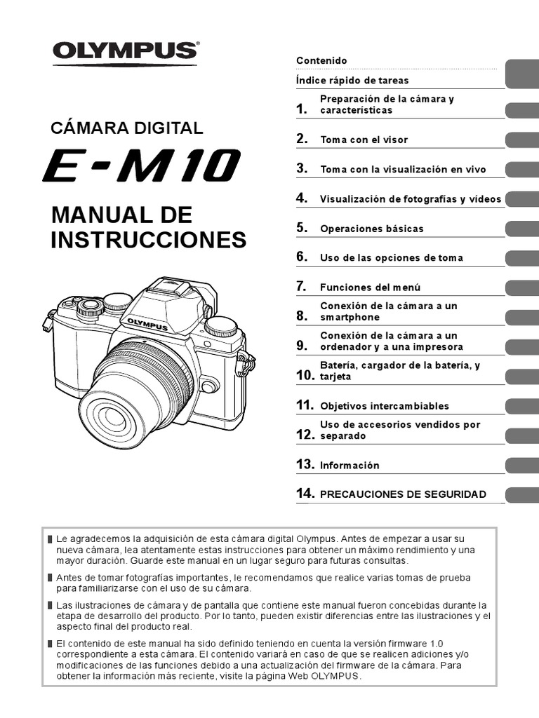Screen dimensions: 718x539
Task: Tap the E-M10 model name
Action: (140, 167)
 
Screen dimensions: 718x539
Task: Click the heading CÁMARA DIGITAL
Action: (127, 128)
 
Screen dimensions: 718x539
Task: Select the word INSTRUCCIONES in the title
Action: (149, 240)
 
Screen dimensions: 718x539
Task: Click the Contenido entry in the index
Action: (321, 61)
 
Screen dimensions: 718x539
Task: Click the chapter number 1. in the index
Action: (302, 109)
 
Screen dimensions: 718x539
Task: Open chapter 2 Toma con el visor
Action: (364, 140)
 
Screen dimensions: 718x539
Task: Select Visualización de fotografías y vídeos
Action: (411, 199)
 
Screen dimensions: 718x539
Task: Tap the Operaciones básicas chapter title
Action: (372, 229)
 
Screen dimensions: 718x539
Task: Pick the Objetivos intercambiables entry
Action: (384, 406)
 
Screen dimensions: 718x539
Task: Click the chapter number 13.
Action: (305, 464)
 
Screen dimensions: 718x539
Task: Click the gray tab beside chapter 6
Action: (521, 257)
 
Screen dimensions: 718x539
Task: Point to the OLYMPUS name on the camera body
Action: (147, 324)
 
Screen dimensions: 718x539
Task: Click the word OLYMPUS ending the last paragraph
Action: (337, 676)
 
